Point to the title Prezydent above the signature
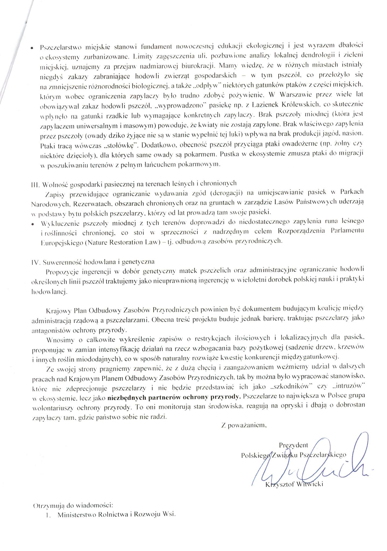[x=293, y=445]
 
